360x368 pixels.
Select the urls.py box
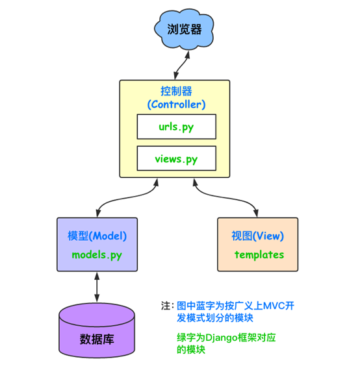175,127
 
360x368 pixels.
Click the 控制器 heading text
175,91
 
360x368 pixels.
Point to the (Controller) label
175,104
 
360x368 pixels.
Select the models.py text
97,254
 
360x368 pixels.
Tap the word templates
259,254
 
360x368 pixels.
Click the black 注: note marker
167,306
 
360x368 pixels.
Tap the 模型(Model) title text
97,236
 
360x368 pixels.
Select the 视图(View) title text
258,236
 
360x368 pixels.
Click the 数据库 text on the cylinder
97,339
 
